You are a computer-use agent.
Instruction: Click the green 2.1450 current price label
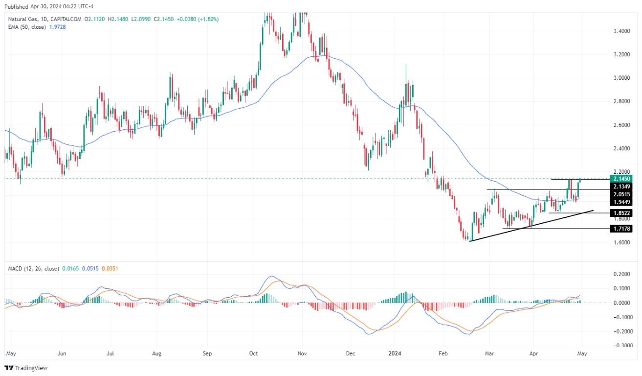[x=621, y=179]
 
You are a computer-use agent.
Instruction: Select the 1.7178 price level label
[x=621, y=229]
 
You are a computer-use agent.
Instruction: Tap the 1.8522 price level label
[x=621, y=213]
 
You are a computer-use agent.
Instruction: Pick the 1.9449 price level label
[x=621, y=202]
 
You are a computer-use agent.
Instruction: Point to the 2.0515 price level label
[x=621, y=194]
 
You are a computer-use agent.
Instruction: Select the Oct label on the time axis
[x=253, y=352]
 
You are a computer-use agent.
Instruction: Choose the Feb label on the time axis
[x=443, y=352]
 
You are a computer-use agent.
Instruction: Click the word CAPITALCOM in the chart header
[x=66, y=19]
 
